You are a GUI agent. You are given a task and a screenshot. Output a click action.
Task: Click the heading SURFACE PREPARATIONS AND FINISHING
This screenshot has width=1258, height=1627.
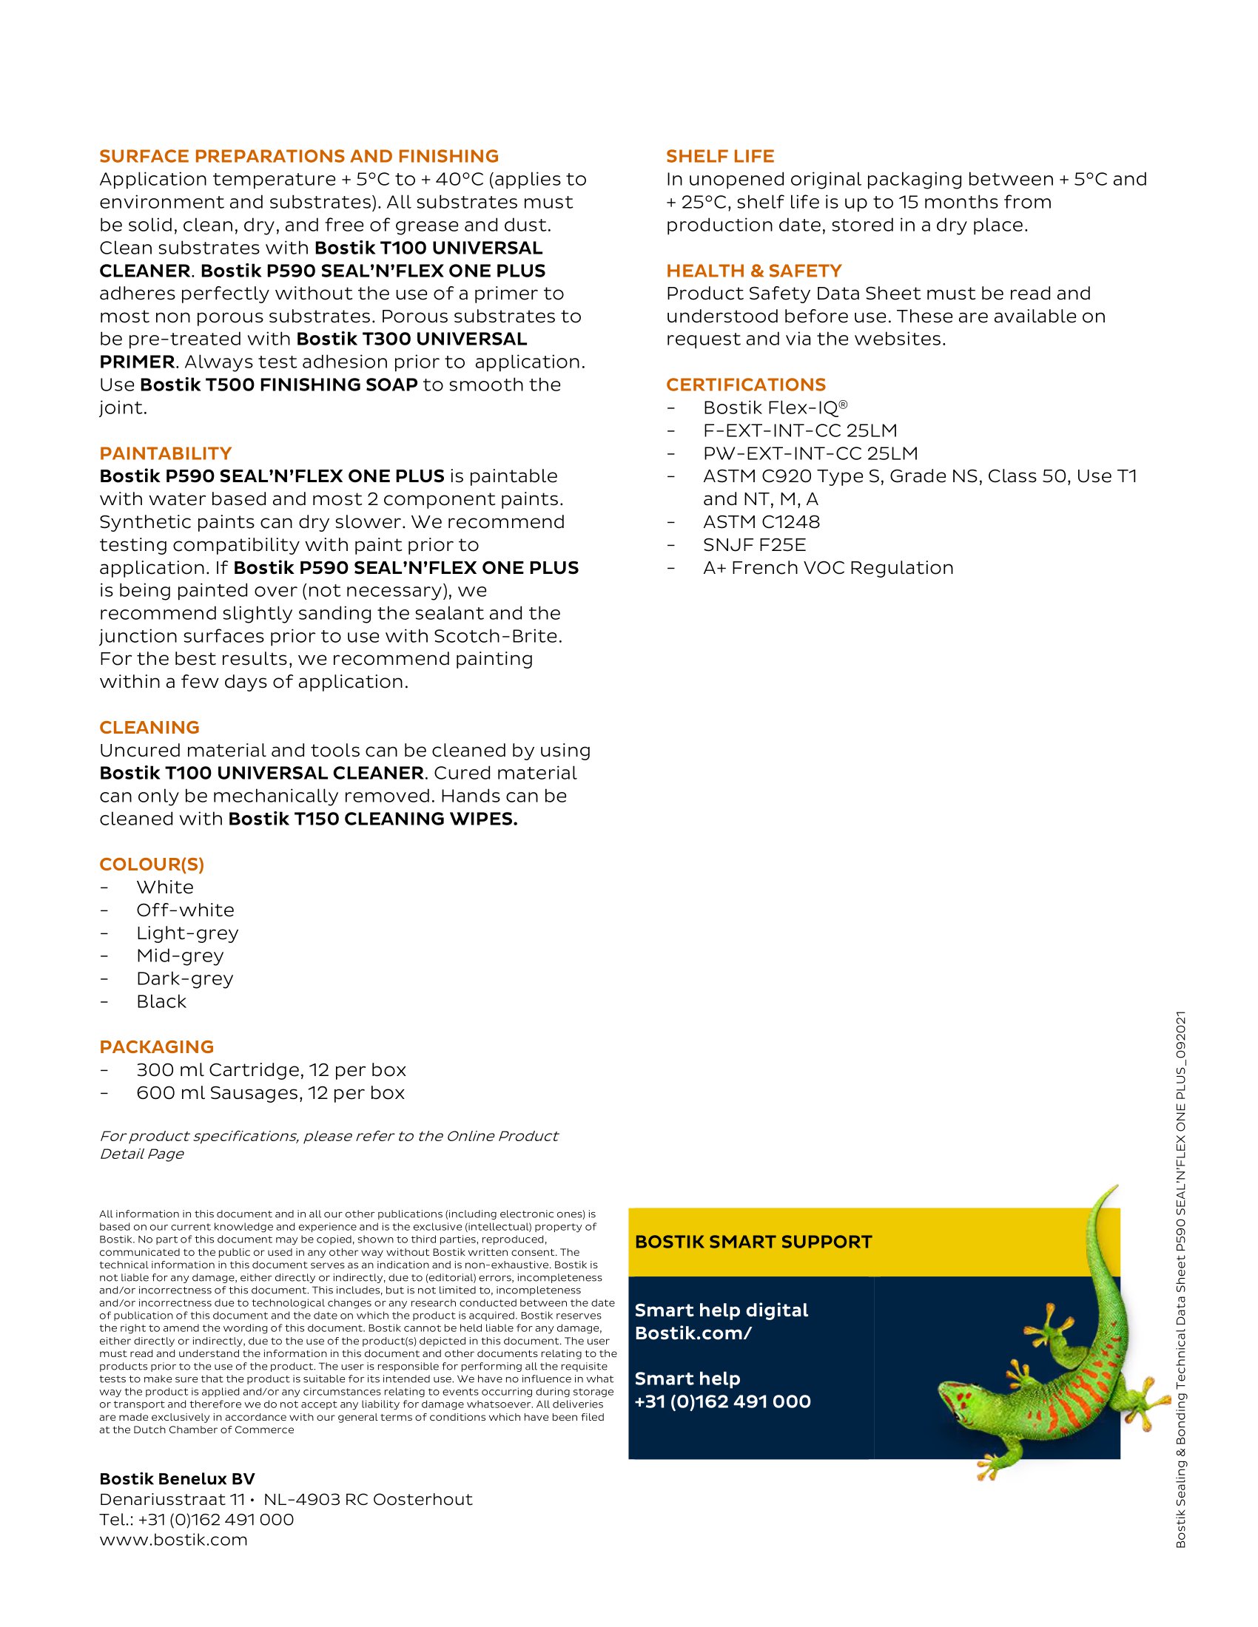(299, 157)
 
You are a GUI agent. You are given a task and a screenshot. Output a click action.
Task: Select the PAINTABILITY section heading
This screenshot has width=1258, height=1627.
(166, 453)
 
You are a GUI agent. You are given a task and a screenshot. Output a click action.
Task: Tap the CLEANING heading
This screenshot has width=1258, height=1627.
(149, 728)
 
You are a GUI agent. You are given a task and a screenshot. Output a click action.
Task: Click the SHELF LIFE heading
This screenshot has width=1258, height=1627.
(720, 157)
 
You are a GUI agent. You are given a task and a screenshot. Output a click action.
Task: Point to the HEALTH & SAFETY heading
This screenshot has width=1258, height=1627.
(753, 271)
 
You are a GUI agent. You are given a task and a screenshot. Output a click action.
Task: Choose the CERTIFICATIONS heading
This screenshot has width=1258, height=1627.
(745, 385)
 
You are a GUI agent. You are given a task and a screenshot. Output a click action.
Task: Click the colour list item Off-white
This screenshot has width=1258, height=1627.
(185, 910)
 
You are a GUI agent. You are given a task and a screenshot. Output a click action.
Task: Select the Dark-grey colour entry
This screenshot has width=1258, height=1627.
(185, 979)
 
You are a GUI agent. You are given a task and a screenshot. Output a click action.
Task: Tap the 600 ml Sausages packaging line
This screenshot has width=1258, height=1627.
(271, 1093)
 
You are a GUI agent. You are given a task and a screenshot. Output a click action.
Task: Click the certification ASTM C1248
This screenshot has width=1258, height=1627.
(761, 522)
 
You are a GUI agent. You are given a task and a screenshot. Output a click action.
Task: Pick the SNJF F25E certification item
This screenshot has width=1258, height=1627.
(754, 545)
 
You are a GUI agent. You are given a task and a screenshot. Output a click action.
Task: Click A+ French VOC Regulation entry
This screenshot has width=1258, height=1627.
(828, 569)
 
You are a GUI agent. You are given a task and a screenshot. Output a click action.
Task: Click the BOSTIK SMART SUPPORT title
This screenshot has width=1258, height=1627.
(753, 1242)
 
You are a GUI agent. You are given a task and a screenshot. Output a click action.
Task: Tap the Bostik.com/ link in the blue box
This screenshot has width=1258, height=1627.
(693, 1333)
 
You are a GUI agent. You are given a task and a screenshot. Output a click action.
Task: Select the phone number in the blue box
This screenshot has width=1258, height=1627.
(722, 1401)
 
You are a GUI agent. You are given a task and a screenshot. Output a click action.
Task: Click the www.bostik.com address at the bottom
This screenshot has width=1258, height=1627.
(173, 1540)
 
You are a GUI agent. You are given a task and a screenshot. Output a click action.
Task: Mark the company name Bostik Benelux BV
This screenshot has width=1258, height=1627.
(177, 1479)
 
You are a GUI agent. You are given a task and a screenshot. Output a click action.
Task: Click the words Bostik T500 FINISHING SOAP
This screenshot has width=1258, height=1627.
(279, 385)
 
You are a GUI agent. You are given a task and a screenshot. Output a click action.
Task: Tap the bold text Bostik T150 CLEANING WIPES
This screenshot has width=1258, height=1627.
(373, 819)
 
